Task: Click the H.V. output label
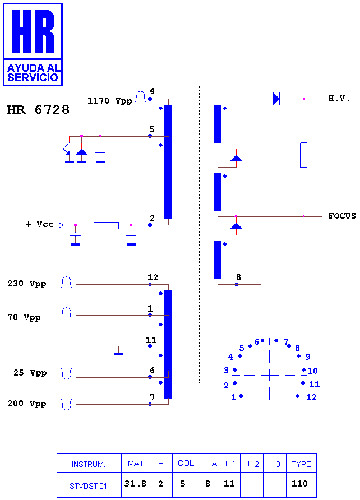coord(339,98)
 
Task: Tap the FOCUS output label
coord(342,216)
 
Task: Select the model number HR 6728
coord(38,110)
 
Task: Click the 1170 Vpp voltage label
coord(110,101)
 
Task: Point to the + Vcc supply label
coord(40,224)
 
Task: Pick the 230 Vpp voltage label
coord(27,284)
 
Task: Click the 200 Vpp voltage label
coord(27,404)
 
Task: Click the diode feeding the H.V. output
coord(276,99)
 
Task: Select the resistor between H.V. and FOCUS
coord(303,155)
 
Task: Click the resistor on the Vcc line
coord(106,225)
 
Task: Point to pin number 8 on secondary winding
coord(238,277)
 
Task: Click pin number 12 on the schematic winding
coord(153,277)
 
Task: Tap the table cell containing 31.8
coord(135,484)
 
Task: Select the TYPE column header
coord(301,464)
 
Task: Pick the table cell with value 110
coord(300,484)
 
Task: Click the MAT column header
coord(136,464)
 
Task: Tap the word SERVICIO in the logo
coord(33,77)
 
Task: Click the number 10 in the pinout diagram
coord(312,371)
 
